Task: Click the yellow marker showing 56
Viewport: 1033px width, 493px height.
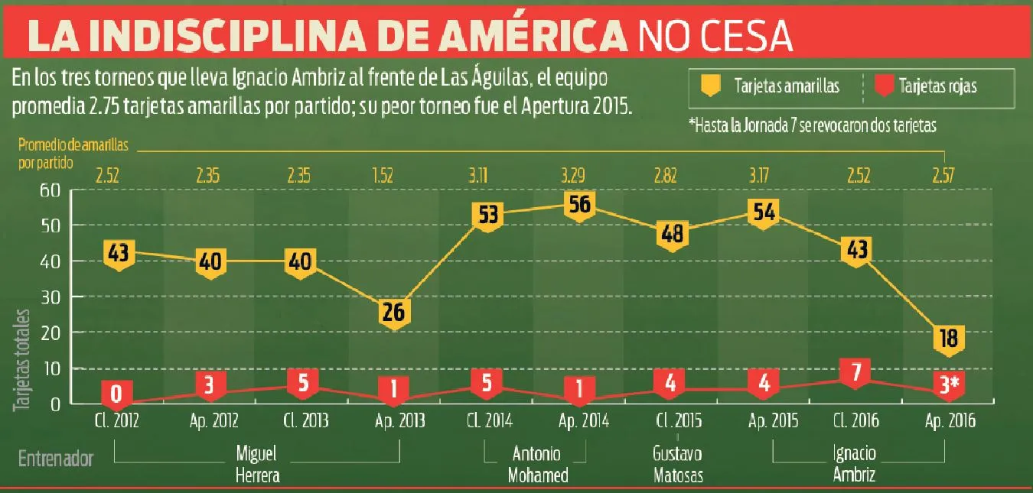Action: [x=579, y=205]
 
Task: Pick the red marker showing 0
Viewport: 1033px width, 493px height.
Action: [x=118, y=394]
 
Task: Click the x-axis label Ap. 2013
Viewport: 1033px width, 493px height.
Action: [x=396, y=420]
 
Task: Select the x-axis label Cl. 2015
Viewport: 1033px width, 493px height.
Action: [x=671, y=420]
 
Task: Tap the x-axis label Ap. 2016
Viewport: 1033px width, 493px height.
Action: [x=949, y=420]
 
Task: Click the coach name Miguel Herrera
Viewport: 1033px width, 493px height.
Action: [x=256, y=465]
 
